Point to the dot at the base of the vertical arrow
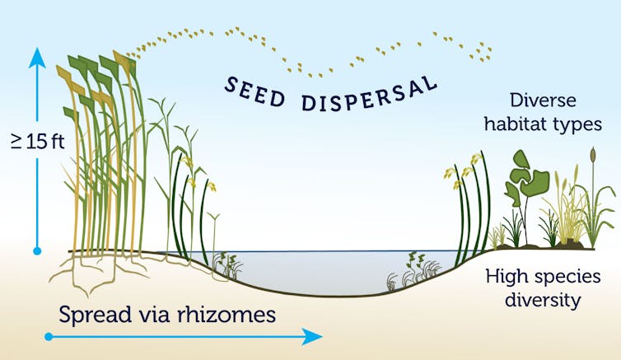click(37, 249)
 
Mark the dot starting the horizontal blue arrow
click(49, 336)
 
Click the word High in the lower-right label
click(503, 277)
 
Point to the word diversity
click(545, 300)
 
